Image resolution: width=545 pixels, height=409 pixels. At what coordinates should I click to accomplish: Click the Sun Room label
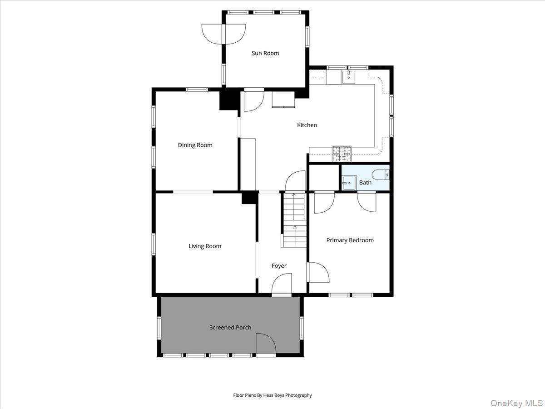pyautogui.click(x=265, y=53)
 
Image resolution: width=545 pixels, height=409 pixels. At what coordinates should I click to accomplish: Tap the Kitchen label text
pyautogui.click(x=307, y=125)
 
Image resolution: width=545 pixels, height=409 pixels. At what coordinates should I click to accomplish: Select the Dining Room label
pyautogui.click(x=195, y=145)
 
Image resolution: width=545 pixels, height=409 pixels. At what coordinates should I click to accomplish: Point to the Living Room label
pyautogui.click(x=205, y=246)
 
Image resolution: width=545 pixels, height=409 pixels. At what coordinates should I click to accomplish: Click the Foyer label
pyautogui.click(x=279, y=266)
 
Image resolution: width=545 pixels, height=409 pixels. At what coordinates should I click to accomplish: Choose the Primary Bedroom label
pyautogui.click(x=350, y=240)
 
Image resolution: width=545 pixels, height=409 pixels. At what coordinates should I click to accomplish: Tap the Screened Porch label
pyautogui.click(x=230, y=327)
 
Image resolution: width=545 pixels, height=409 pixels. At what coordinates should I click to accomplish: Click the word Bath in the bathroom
pyautogui.click(x=365, y=183)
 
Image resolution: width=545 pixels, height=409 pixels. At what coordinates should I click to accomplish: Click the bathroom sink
pyautogui.click(x=349, y=183)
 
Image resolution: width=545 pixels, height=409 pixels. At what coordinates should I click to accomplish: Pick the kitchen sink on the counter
pyautogui.click(x=348, y=75)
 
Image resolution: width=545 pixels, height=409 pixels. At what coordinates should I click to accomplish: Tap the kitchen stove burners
pyautogui.click(x=342, y=154)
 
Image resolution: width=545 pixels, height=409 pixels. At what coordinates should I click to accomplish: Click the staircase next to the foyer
pyautogui.click(x=294, y=220)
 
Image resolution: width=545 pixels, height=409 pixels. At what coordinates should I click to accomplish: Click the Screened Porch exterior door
pyautogui.click(x=266, y=344)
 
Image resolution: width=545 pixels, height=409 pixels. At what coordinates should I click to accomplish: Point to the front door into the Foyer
pyautogui.click(x=282, y=286)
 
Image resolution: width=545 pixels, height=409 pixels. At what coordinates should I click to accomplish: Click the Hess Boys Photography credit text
pyautogui.click(x=272, y=395)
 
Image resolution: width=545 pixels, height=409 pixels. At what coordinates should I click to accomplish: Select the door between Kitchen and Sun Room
pyautogui.click(x=253, y=100)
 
